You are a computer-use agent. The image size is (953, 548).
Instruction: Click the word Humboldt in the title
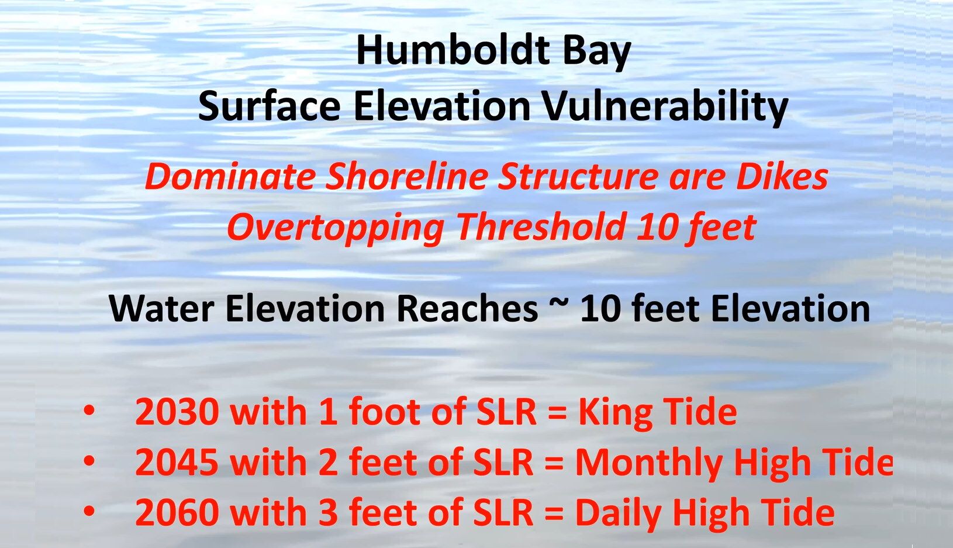454,50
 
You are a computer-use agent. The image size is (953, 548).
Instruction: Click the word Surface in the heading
269,106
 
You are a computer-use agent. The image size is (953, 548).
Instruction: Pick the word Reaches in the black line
467,308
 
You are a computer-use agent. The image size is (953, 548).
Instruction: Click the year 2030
176,412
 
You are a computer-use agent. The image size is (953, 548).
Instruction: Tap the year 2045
177,462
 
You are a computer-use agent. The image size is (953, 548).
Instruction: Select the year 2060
177,512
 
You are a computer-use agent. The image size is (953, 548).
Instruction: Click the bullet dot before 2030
89,411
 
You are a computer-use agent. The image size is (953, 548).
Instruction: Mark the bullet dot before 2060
89,511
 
